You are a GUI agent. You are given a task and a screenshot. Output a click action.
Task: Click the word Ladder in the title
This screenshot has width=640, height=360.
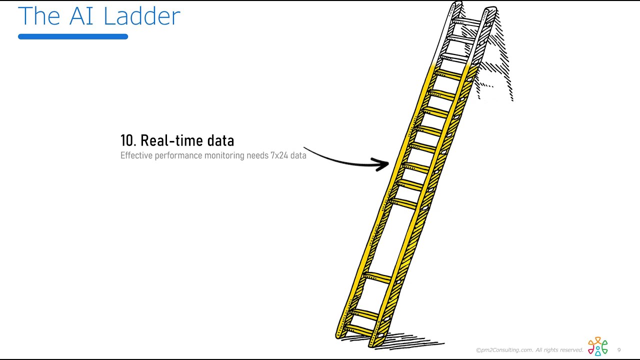click(x=141, y=16)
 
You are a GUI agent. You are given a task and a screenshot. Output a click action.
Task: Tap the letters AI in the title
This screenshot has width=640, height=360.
click(x=81, y=16)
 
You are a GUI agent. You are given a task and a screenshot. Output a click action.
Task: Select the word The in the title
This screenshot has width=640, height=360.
click(x=39, y=16)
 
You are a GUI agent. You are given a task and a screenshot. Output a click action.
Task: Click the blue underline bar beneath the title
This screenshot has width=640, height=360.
click(x=73, y=36)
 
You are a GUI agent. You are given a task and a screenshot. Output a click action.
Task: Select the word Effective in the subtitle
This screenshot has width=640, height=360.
click(x=136, y=155)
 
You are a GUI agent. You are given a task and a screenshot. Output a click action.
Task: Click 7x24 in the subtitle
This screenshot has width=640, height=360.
click(x=279, y=155)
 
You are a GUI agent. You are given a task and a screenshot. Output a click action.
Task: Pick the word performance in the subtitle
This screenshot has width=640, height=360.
click(x=178, y=156)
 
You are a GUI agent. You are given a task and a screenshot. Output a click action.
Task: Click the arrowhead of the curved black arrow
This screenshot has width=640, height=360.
click(x=381, y=164)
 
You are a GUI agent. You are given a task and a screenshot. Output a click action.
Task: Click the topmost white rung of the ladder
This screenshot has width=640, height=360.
click(x=466, y=21)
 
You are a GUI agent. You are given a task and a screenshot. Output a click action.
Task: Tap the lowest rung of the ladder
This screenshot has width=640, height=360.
click(x=359, y=329)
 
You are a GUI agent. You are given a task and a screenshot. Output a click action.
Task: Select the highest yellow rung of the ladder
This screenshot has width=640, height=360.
click(x=448, y=74)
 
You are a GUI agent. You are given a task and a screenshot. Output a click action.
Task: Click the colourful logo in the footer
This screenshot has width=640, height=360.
click(x=597, y=346)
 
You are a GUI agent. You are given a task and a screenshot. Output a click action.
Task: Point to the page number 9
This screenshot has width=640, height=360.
click(x=619, y=350)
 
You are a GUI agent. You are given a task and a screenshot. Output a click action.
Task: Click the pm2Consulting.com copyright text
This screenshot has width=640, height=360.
click(x=529, y=350)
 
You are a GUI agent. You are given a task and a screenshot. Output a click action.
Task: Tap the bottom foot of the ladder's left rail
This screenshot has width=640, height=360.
click(x=339, y=336)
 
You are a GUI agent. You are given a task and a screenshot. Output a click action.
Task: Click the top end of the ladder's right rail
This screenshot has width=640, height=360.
click(x=491, y=9)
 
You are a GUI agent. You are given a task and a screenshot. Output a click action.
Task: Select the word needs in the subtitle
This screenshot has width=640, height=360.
click(x=257, y=155)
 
